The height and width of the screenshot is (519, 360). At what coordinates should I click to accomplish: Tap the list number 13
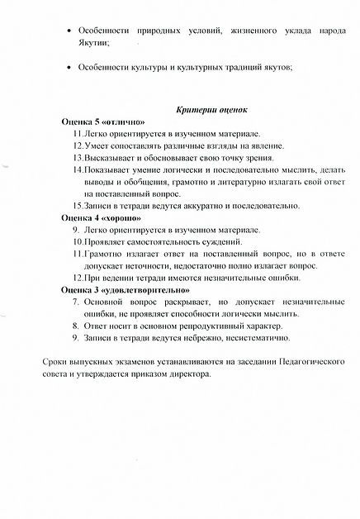tap(78, 157)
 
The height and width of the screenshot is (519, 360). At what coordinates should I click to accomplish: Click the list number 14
tap(78, 169)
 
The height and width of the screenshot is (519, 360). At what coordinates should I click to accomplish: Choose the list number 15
tap(78, 206)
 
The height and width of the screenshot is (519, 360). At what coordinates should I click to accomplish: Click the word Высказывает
tap(112, 157)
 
